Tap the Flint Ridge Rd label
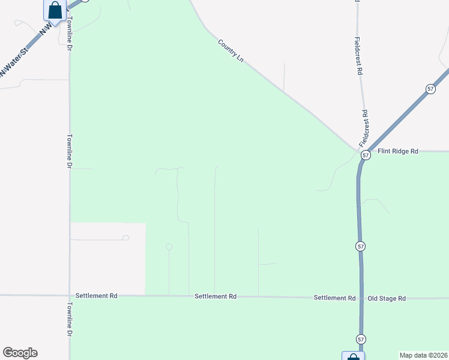pos(397,151)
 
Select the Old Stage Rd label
pos(387,298)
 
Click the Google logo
pos(20,353)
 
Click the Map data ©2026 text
pos(423,355)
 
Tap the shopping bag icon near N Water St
pos(55,10)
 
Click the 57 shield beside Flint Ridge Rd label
pos(366,155)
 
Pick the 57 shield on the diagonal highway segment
pos(430,89)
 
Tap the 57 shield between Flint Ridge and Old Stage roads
pos(360,246)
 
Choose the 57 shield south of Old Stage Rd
pos(361,339)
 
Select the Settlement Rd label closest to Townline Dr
pos(96,296)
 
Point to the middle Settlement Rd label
pos(215,296)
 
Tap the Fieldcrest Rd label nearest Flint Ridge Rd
pos(364,128)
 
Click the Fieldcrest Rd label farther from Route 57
pos(359,55)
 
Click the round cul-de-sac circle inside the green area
pos(169,247)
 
